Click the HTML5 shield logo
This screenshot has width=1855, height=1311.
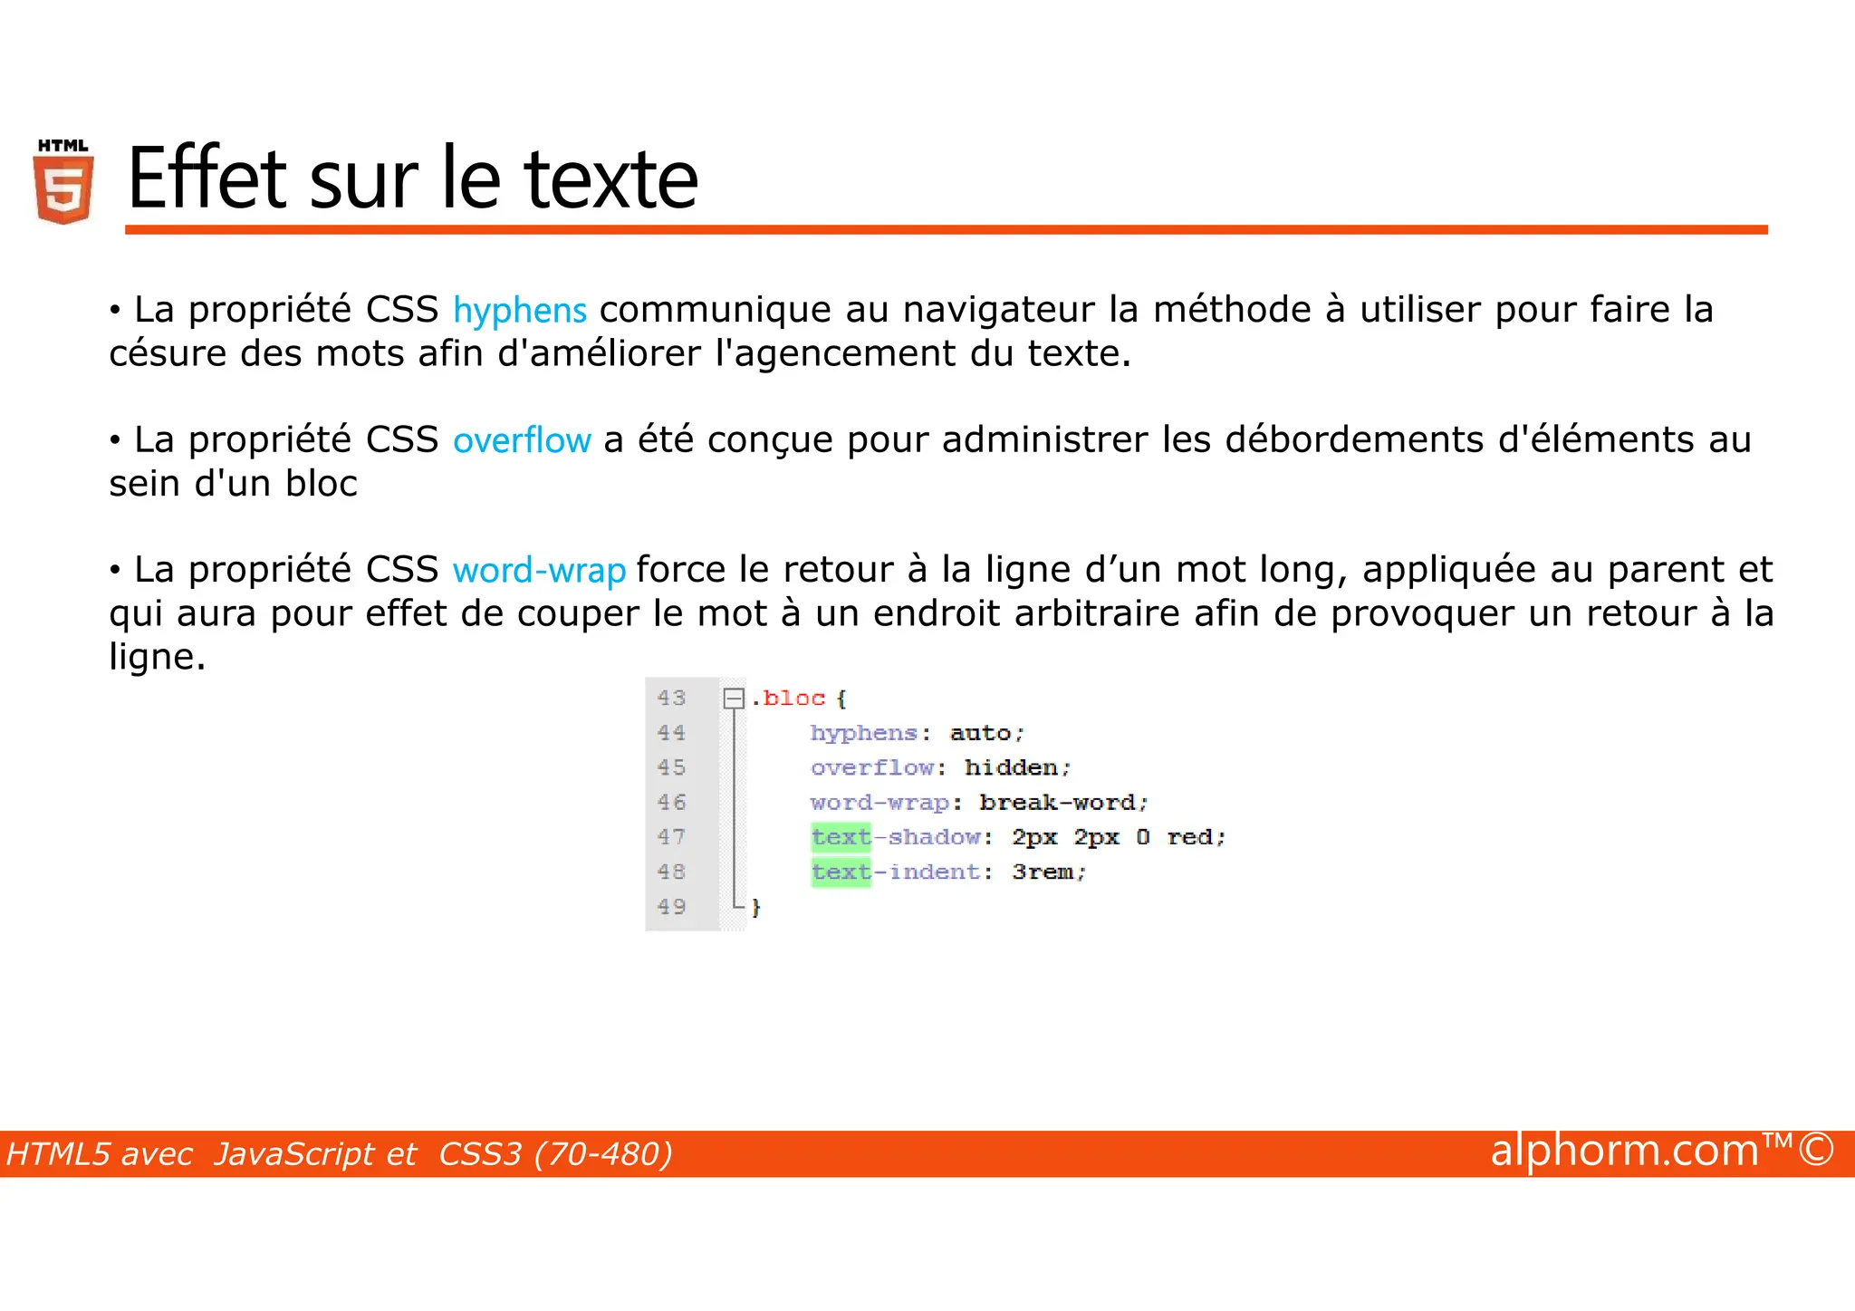click(x=63, y=182)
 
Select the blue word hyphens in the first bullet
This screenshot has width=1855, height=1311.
click(x=520, y=311)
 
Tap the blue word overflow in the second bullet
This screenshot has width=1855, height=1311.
click(x=522, y=440)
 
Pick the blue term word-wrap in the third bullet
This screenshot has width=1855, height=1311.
click(x=539, y=571)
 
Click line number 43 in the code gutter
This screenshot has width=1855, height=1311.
click(x=671, y=698)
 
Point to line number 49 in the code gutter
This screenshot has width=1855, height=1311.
click(x=671, y=906)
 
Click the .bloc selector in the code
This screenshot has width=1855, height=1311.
click(x=789, y=698)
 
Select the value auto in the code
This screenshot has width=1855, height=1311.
click(x=980, y=733)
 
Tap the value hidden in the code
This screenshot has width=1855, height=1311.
click(x=1011, y=767)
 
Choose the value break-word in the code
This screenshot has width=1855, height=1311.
click(x=1057, y=803)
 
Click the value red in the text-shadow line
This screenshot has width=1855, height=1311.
click(x=1189, y=837)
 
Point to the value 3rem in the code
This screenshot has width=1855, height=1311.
click(x=1043, y=872)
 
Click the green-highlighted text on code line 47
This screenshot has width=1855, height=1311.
click(x=841, y=837)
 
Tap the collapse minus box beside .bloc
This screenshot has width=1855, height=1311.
click(x=734, y=699)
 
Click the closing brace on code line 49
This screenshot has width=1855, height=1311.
click(x=755, y=907)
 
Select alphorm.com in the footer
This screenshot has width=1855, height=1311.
click(x=1624, y=1151)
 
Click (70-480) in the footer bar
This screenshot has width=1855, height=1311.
click(x=603, y=1154)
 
